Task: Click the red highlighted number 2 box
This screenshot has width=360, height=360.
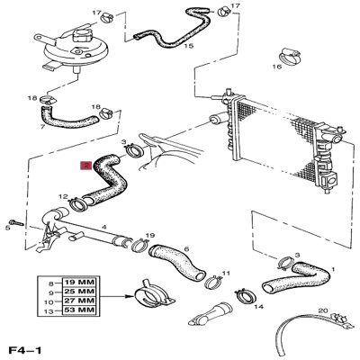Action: pyautogui.click(x=86, y=165)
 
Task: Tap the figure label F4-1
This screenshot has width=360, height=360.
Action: pyautogui.click(x=25, y=350)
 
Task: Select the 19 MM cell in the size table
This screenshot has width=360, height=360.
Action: pyautogui.click(x=80, y=283)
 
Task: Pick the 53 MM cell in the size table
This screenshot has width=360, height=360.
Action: pyautogui.click(x=80, y=310)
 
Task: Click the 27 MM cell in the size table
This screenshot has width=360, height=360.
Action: pyautogui.click(x=80, y=301)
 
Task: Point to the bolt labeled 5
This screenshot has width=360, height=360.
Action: pyautogui.click(x=16, y=223)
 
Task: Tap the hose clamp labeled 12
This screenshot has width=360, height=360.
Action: pyautogui.click(x=78, y=204)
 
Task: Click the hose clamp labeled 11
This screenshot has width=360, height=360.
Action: pyautogui.click(x=214, y=282)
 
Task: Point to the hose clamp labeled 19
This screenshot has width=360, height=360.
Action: pyautogui.click(x=140, y=244)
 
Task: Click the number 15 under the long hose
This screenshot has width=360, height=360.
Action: pyautogui.click(x=189, y=46)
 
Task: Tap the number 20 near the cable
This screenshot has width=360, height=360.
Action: pyautogui.click(x=323, y=311)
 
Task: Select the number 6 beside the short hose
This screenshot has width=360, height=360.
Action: pyautogui.click(x=186, y=249)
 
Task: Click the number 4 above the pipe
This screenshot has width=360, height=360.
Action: pyautogui.click(x=103, y=227)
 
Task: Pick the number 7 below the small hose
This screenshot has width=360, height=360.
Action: pyautogui.click(x=42, y=127)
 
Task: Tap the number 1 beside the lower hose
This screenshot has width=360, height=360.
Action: pyautogui.click(x=332, y=269)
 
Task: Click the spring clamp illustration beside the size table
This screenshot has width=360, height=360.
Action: pyautogui.click(x=154, y=296)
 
